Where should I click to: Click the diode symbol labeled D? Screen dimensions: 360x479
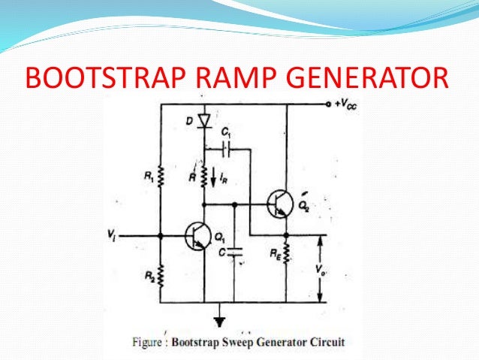coord(203,119)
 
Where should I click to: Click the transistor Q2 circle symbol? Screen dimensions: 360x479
coord(280,204)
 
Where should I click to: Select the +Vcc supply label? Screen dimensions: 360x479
coord(346,105)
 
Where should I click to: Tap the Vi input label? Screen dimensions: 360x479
coord(113,235)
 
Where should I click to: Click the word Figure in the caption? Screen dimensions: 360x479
coord(149,345)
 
